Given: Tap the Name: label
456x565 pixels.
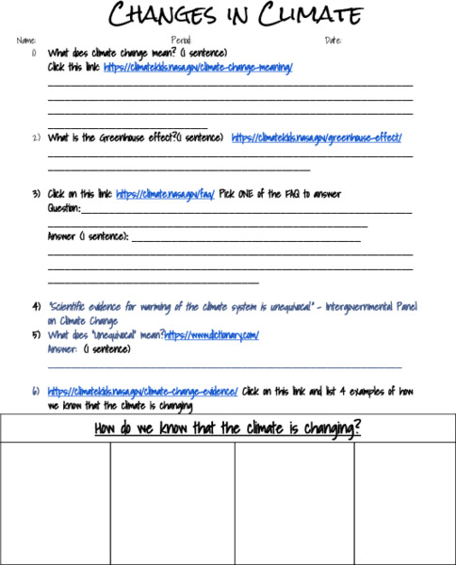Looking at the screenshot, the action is pos(25,40).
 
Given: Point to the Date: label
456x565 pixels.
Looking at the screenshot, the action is pos(334,40).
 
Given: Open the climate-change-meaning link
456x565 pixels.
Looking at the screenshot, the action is pos(198,68).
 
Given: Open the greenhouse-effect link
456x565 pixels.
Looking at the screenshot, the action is pos(317,137).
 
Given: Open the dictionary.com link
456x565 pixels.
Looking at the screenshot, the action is pos(211,334).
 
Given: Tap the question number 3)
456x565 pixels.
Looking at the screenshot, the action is pos(36,194).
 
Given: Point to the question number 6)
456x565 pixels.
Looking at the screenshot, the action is pos(36,391).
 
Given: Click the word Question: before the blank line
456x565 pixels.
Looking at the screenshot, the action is pos(64,208).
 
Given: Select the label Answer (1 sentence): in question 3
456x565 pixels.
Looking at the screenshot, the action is pos(88,236).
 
